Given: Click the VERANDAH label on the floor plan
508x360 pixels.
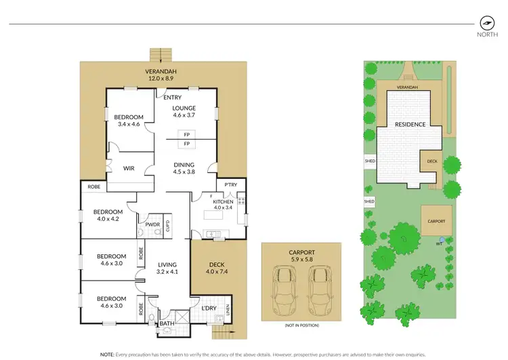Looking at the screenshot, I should coord(161,71).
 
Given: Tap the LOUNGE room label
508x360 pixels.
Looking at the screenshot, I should coord(184,108).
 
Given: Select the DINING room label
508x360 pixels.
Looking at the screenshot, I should coord(184,165).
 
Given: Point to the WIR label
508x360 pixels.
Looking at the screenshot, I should coord(130,168).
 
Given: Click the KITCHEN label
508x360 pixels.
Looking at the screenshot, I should coord(224,202).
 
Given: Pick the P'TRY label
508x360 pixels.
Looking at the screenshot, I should coord(230,184).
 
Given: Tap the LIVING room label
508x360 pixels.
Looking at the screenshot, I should coord(167,265).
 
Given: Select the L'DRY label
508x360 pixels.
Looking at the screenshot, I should coord(209,308).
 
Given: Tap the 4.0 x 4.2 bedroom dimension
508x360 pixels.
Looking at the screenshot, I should coord(108,218).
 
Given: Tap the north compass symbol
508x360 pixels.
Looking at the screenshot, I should coord(484,22).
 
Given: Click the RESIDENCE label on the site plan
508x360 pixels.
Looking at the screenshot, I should coord(410,125).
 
